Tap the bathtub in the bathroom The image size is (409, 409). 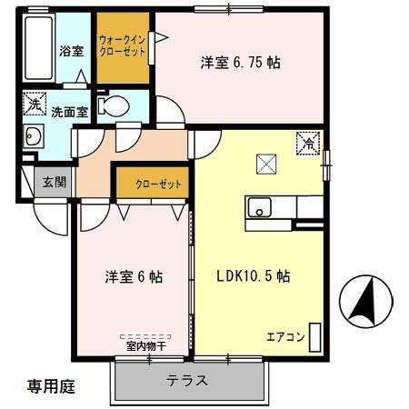(x=37, y=48)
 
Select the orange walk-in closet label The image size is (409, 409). (x=123, y=45)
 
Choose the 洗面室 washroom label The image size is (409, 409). (x=69, y=112)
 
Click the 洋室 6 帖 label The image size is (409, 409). (x=132, y=277)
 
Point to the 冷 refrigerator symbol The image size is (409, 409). (x=309, y=142)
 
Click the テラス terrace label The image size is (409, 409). (x=186, y=380)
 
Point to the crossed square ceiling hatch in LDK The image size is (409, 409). (x=266, y=165)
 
